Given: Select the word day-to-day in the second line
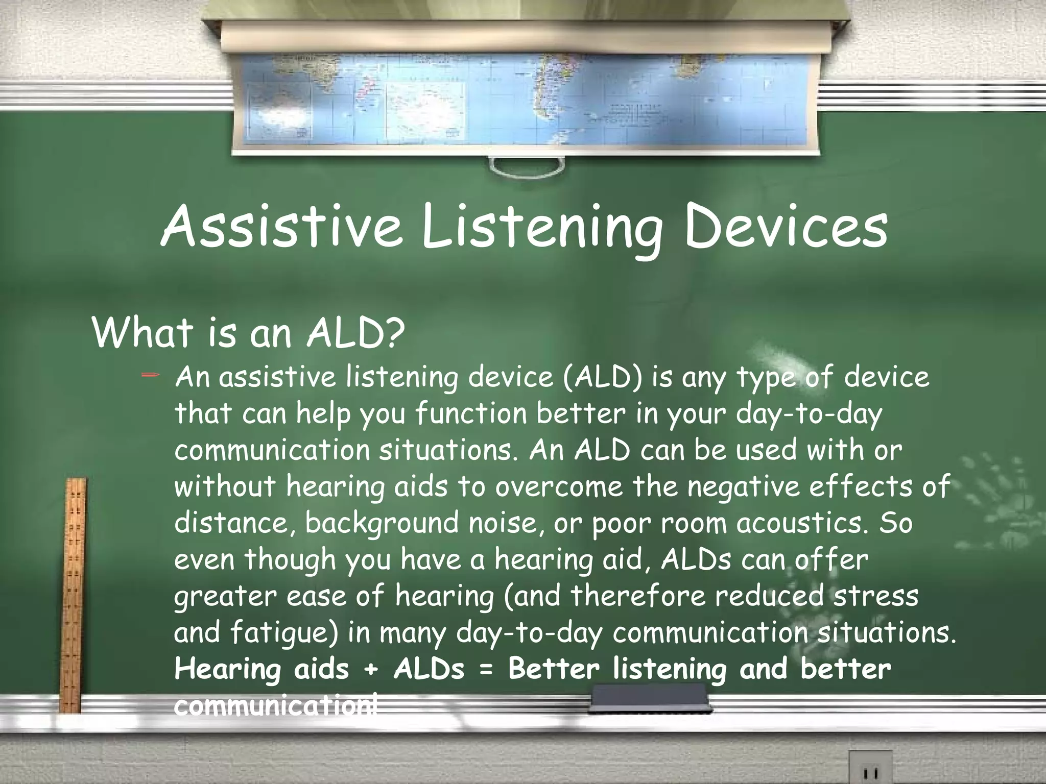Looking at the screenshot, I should pos(809,414).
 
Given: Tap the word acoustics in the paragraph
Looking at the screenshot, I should pos(797,523).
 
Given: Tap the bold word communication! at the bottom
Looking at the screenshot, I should pos(276,705).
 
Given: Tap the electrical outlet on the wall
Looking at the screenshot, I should pos(870,769).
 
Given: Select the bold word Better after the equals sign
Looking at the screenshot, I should pos(554,669).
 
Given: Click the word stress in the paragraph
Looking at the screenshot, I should pos(876,596).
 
